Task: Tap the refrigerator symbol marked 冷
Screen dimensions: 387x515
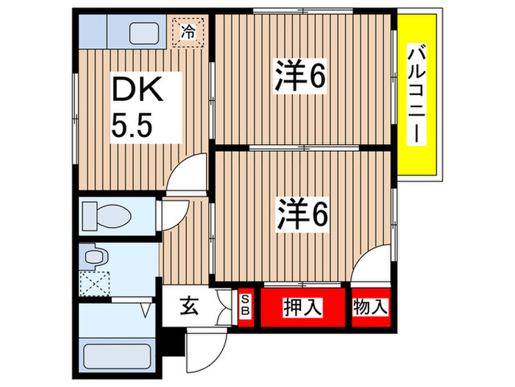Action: [189, 32]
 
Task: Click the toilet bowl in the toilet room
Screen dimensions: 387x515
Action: [107, 217]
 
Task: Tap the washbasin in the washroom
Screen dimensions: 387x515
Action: [93, 258]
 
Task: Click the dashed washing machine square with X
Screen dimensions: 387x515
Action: [94, 282]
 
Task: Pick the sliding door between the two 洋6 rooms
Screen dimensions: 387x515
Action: [302, 148]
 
